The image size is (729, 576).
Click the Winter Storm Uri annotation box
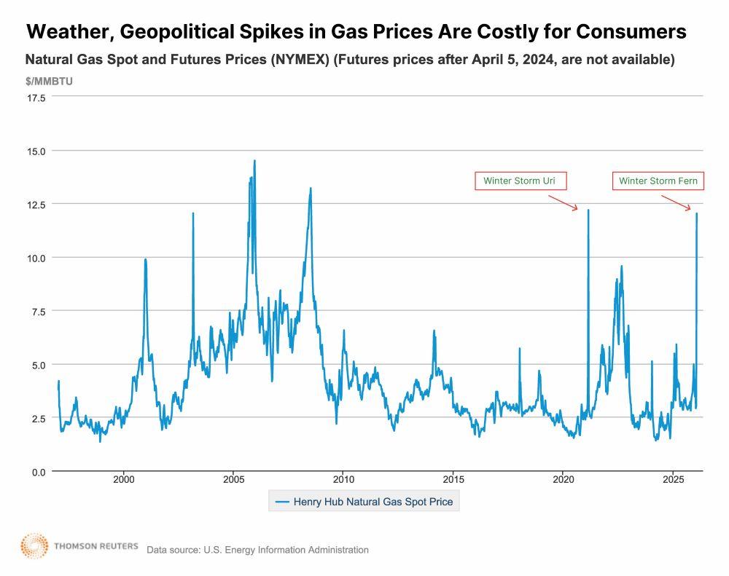pyautogui.click(x=520, y=181)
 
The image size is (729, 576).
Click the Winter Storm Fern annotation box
pyautogui.click(x=658, y=181)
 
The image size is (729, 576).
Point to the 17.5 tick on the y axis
pyautogui.click(x=36, y=97)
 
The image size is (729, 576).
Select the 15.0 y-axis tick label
pyautogui.click(x=36, y=151)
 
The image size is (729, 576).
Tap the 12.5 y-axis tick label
pyautogui.click(x=36, y=205)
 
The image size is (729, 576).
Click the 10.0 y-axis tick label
pyautogui.click(x=36, y=258)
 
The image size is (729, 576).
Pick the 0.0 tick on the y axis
pyautogui.click(x=39, y=472)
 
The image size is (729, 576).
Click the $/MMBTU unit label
pyautogui.click(x=49, y=81)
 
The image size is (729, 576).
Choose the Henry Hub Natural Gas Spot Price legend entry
pyautogui.click(x=364, y=501)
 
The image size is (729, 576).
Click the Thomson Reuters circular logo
pyautogui.click(x=34, y=546)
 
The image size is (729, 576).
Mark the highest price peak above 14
pyautogui.click(x=254, y=161)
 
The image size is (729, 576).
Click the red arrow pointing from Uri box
pyautogui.click(x=563, y=202)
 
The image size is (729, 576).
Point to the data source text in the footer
pyautogui.click(x=257, y=550)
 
